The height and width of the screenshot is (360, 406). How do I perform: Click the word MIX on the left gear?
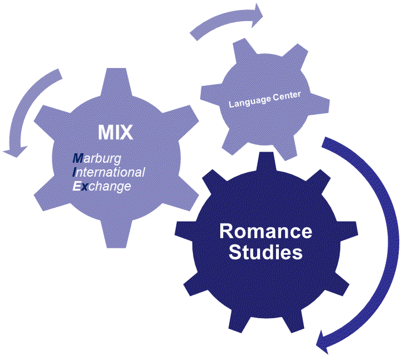tap(115, 132)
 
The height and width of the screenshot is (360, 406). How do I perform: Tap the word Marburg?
tap(96, 159)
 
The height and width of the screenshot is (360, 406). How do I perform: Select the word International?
tap(109, 172)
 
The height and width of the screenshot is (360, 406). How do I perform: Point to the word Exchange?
tap(102, 186)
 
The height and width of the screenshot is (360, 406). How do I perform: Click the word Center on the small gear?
tap(286, 96)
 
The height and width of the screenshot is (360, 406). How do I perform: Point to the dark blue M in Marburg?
tap(78, 159)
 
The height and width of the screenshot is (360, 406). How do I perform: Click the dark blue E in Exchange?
tap(76, 186)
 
